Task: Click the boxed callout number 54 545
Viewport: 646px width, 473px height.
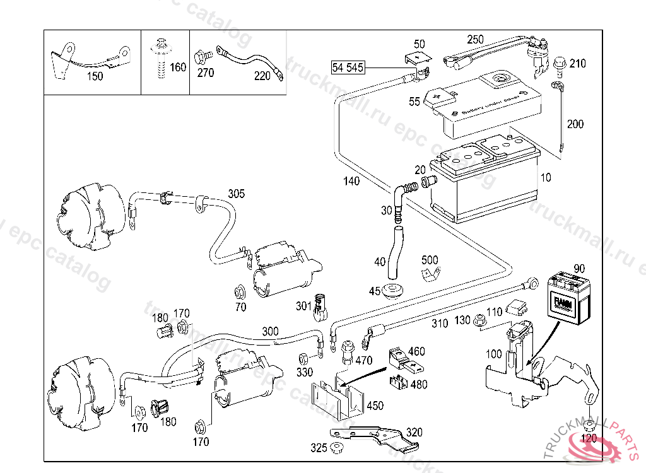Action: click(348, 66)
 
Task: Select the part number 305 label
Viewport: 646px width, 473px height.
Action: click(236, 194)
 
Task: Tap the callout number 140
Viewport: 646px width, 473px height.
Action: click(351, 182)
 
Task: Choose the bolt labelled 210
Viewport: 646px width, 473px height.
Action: click(559, 63)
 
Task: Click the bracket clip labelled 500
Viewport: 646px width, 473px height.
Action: click(430, 274)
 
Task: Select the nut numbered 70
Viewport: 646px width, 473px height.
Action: click(240, 293)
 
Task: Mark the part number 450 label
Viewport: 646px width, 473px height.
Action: click(375, 406)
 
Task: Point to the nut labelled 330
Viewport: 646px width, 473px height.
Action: click(302, 358)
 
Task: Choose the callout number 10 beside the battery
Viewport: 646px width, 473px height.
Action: click(545, 178)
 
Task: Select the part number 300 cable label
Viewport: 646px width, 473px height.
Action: click(270, 332)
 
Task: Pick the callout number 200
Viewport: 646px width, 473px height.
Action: click(575, 124)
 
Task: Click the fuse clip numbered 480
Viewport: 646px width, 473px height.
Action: click(399, 381)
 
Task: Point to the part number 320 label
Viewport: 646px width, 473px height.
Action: click(414, 433)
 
